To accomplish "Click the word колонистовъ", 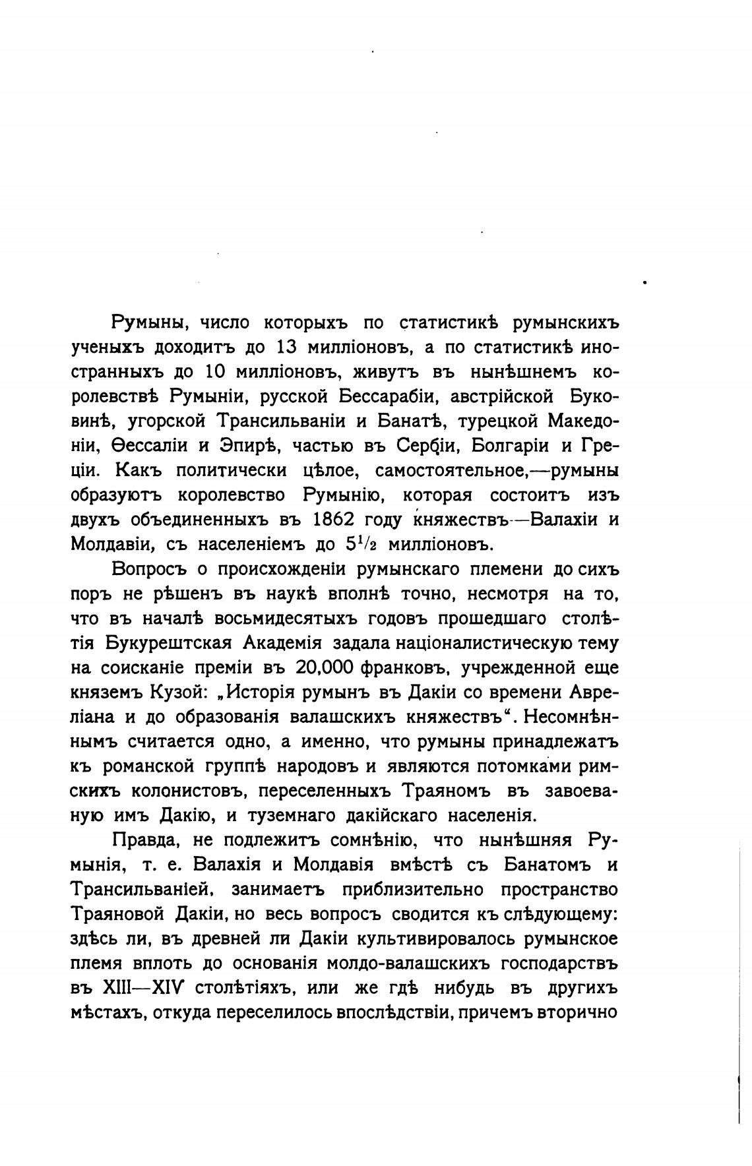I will [x=190, y=791].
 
